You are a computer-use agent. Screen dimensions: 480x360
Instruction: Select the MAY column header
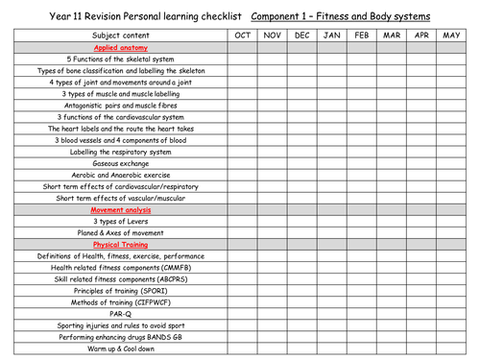pos(451,35)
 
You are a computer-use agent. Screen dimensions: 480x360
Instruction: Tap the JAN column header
pos(331,35)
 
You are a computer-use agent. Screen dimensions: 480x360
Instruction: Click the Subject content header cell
pos(119,35)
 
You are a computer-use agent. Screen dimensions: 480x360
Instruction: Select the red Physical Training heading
pos(119,244)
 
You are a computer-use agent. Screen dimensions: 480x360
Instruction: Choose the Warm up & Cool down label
pos(119,348)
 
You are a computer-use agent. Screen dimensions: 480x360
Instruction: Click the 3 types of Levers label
pos(119,221)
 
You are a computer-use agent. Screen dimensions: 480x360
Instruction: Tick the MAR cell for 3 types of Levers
pos(392,221)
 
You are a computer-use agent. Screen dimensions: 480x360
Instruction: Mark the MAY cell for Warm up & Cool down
pos(451,348)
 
